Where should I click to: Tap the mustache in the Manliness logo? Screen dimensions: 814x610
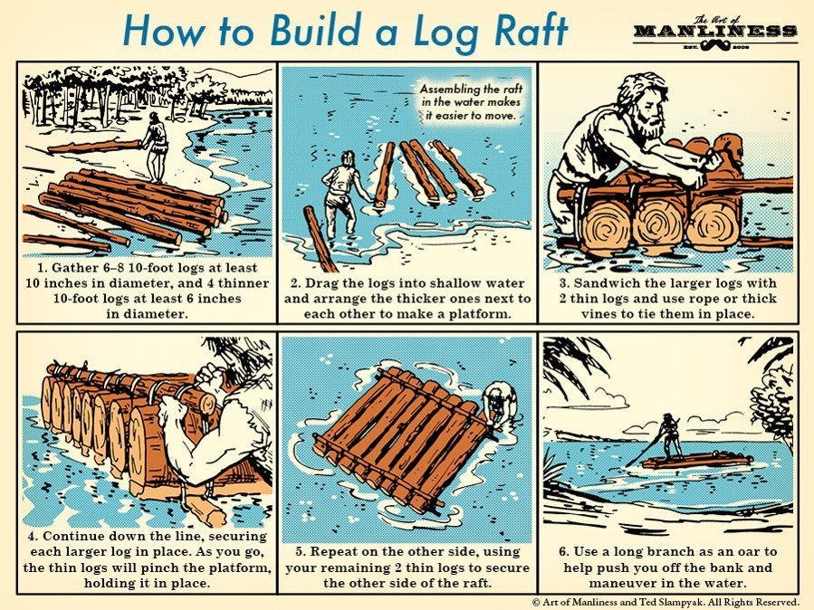pyautogui.click(x=716, y=46)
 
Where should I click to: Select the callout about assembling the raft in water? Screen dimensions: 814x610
pyautogui.click(x=471, y=102)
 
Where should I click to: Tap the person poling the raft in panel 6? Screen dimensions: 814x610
pyautogui.click(x=670, y=434)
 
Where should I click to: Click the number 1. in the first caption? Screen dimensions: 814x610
pyautogui.click(x=42, y=268)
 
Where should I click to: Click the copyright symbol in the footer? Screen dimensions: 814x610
pyautogui.click(x=536, y=602)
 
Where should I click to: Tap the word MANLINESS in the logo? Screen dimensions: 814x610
pyautogui.click(x=715, y=31)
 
